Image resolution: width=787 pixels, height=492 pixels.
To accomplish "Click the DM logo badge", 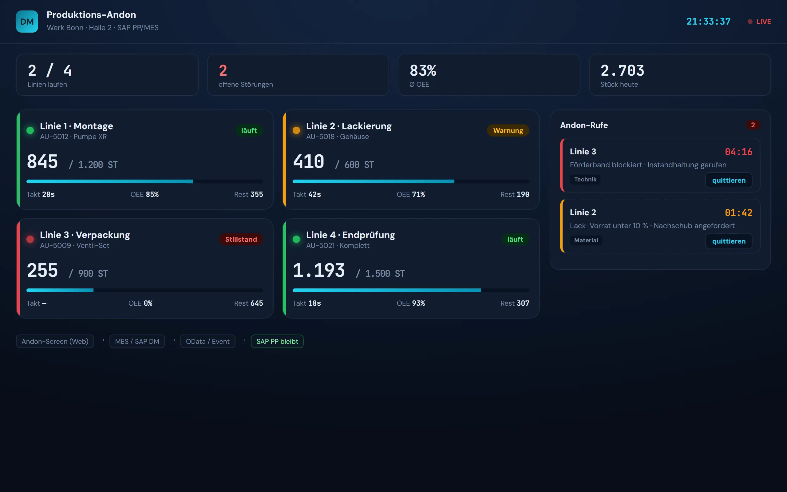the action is [x=27, y=22].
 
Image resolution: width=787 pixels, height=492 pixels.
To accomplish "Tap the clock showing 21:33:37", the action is [x=708, y=22].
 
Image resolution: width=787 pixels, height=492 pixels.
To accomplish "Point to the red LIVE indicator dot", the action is [x=750, y=22].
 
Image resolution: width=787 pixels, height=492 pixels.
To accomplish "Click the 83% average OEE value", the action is [x=423, y=70].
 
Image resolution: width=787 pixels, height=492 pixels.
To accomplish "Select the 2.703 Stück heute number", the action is [x=622, y=70].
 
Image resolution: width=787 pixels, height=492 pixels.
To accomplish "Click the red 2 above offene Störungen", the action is [x=223, y=70].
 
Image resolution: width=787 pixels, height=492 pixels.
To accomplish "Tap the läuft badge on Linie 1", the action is [x=249, y=130].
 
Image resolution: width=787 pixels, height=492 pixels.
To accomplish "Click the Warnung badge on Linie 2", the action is [x=508, y=130].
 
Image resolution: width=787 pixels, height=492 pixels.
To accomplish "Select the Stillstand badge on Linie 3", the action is [x=241, y=239].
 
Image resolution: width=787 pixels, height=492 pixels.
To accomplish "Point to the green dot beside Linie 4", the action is [x=296, y=239].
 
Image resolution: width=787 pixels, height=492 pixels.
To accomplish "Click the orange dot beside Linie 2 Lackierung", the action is [x=296, y=130].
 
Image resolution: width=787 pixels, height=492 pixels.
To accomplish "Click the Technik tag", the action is [x=585, y=179].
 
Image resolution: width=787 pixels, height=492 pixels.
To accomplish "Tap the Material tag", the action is [x=586, y=240].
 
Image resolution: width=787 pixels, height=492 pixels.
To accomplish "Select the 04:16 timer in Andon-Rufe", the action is [x=738, y=152].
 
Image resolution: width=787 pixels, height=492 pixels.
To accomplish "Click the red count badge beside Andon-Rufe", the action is [x=753, y=125].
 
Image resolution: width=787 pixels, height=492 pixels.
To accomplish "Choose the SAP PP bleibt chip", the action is [x=277, y=341].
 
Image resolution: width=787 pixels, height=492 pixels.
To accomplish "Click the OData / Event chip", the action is [x=208, y=341].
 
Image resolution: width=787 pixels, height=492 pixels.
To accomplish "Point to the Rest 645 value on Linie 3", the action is [x=248, y=303].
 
